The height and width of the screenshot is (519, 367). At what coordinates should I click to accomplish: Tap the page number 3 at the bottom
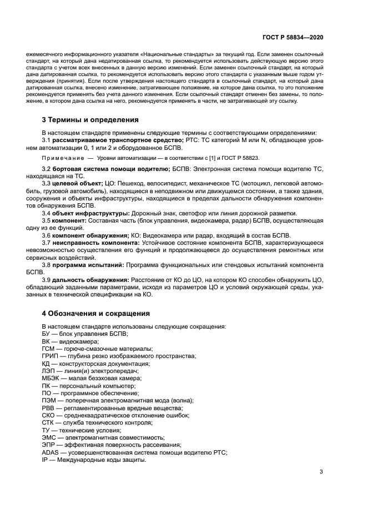[321, 472]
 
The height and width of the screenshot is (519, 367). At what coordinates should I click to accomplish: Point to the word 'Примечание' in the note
[61, 158]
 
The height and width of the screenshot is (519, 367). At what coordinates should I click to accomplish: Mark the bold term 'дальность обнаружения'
[91, 280]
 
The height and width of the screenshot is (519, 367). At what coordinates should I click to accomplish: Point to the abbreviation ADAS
[51, 453]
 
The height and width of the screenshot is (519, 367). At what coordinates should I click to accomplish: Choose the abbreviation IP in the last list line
[44, 461]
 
